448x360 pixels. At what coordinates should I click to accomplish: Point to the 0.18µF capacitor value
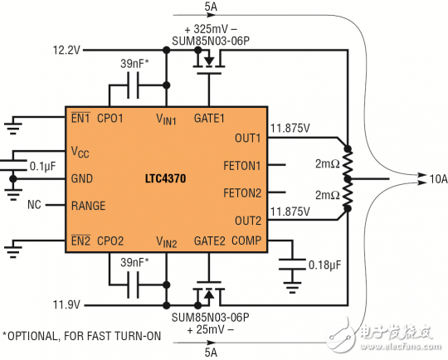326,266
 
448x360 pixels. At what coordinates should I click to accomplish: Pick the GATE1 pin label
209,118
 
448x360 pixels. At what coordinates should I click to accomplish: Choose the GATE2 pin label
208,241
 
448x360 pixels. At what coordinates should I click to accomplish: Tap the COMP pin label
247,241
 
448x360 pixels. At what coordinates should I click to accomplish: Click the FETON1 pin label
243,164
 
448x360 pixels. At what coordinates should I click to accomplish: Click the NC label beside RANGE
34,204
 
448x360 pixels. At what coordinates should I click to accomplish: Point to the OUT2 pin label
247,221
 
